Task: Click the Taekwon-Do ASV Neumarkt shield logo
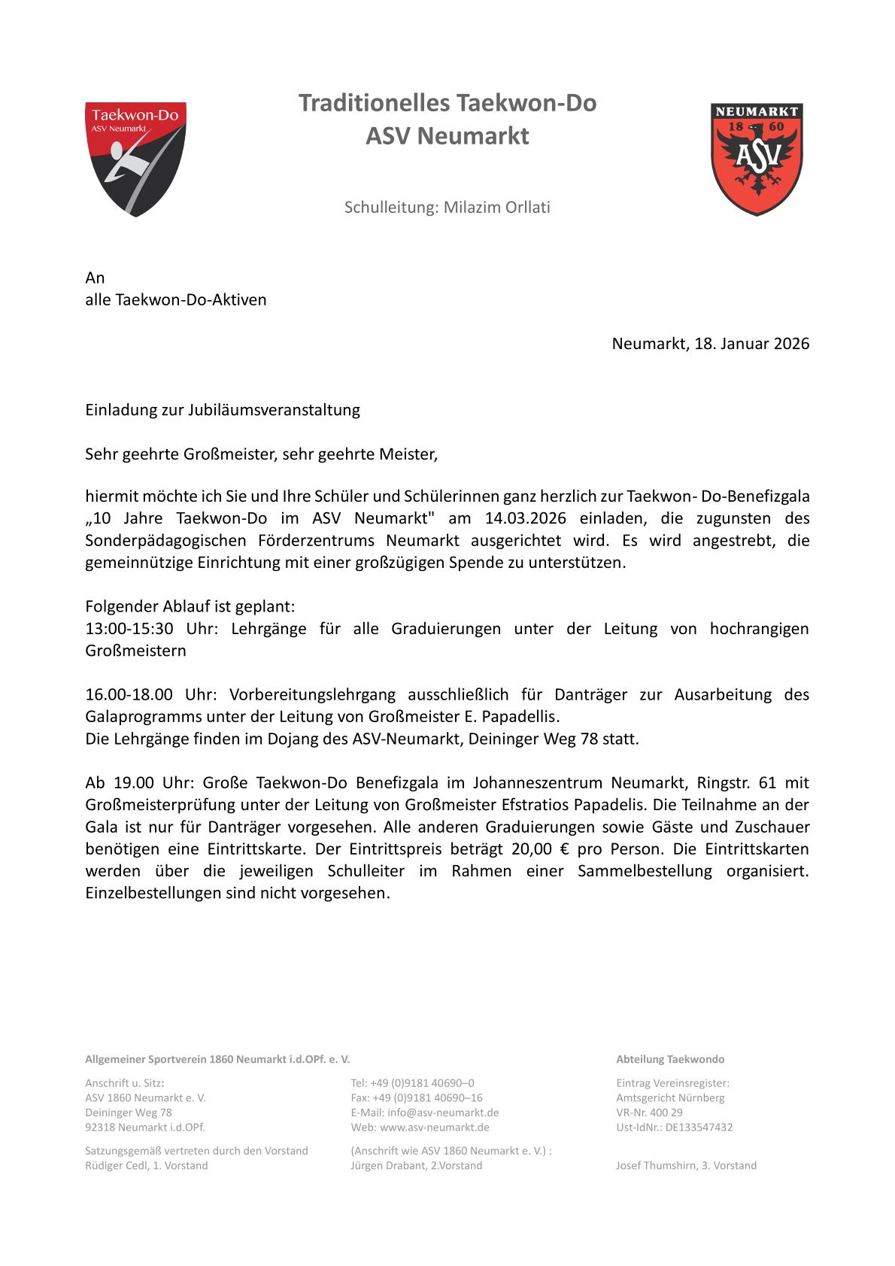pos(135,159)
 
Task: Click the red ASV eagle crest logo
pos(756,159)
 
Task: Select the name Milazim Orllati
pos(496,208)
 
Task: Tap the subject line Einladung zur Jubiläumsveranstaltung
pos(223,410)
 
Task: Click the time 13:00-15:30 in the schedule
pos(129,629)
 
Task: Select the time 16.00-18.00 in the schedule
pos(129,694)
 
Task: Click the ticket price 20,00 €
pos(536,849)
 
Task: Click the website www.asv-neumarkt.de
pos(435,1128)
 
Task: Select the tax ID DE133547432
pos(699,1128)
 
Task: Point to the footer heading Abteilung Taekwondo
pos(670,1059)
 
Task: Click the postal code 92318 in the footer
pos(100,1128)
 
